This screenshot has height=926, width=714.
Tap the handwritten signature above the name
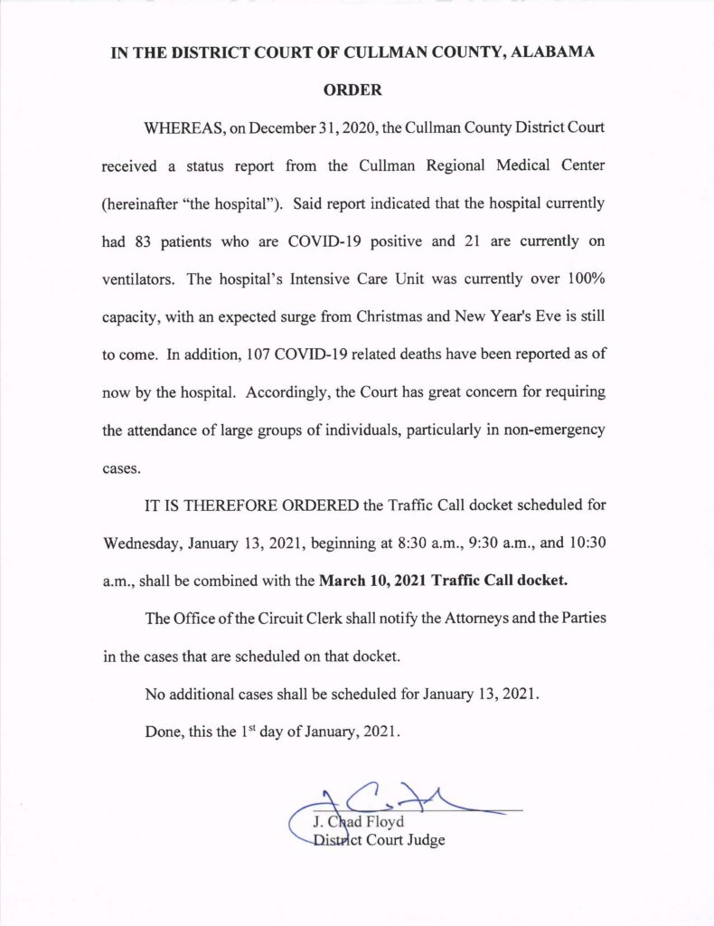398,798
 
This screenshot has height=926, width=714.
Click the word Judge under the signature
425,841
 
